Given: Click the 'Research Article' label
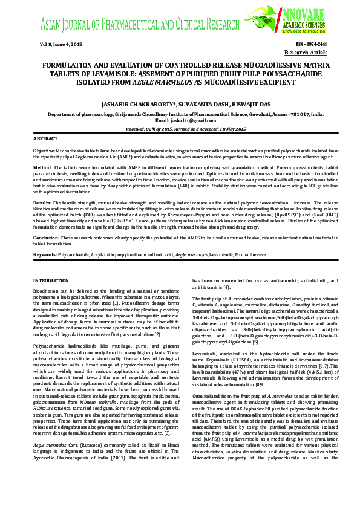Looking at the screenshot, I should point(309,53).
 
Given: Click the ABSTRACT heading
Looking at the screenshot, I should point(46,139).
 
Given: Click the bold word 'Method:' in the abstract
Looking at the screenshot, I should point(42,166).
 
